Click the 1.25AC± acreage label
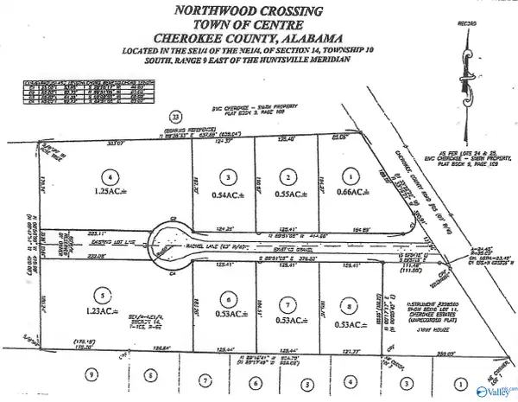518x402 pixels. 107,191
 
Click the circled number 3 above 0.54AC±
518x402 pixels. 227,176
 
